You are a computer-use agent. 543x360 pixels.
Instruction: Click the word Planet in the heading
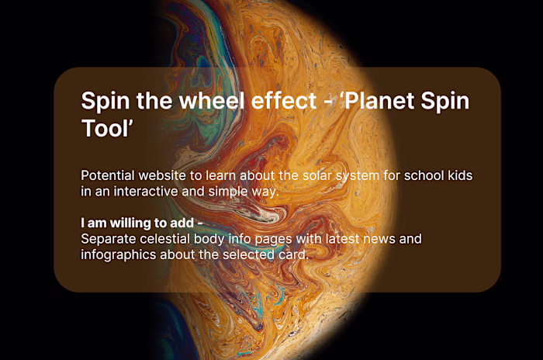click(377, 102)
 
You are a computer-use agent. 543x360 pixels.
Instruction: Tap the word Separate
click(109, 239)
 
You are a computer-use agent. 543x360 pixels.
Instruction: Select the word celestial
click(171, 239)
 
